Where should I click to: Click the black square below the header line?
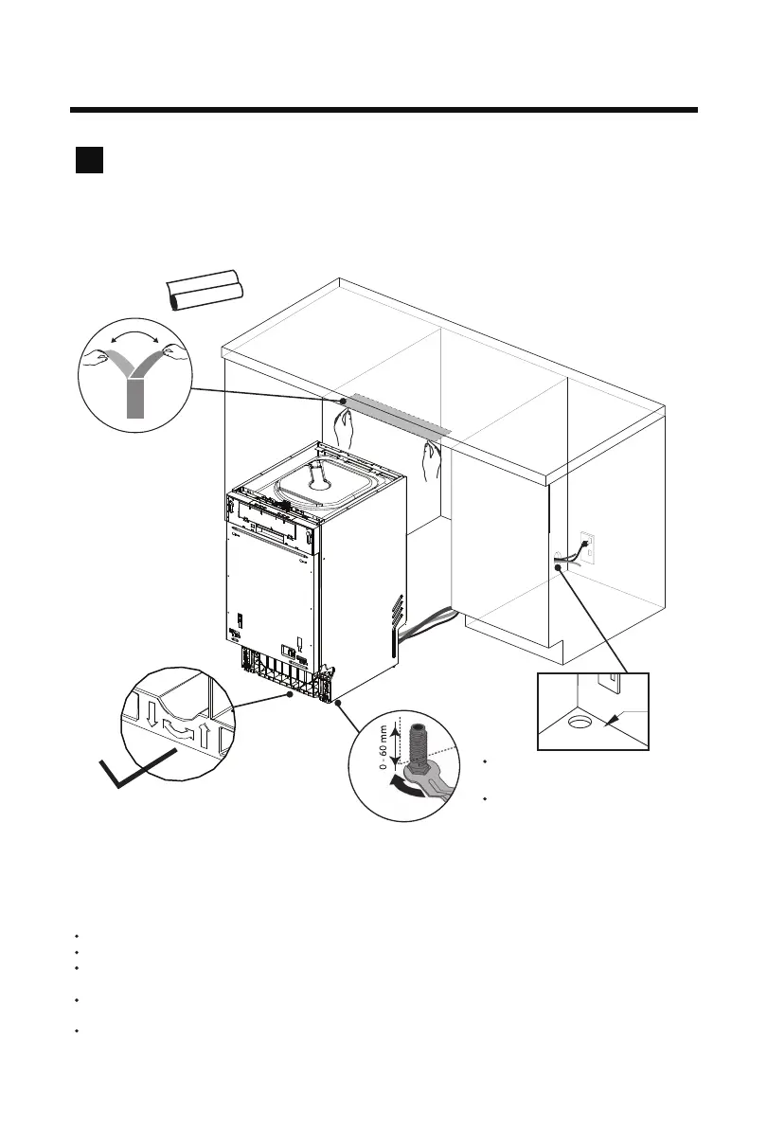[x=89, y=160]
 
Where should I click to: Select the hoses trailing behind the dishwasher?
[x=426, y=624]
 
